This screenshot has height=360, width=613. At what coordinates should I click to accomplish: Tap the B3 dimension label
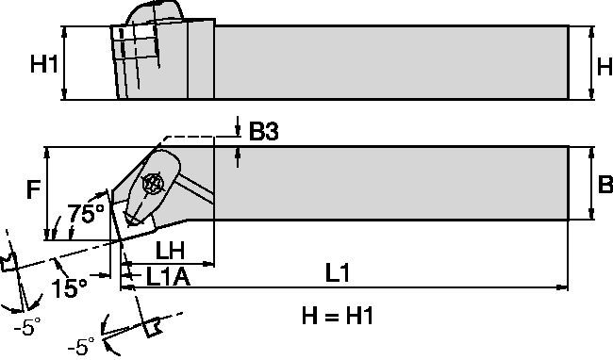coord(265,133)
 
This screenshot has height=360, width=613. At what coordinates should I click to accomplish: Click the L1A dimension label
coord(171,279)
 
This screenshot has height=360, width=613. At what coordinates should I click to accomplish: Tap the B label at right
coord(605,186)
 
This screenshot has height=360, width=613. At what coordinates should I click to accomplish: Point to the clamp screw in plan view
coord(151,184)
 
